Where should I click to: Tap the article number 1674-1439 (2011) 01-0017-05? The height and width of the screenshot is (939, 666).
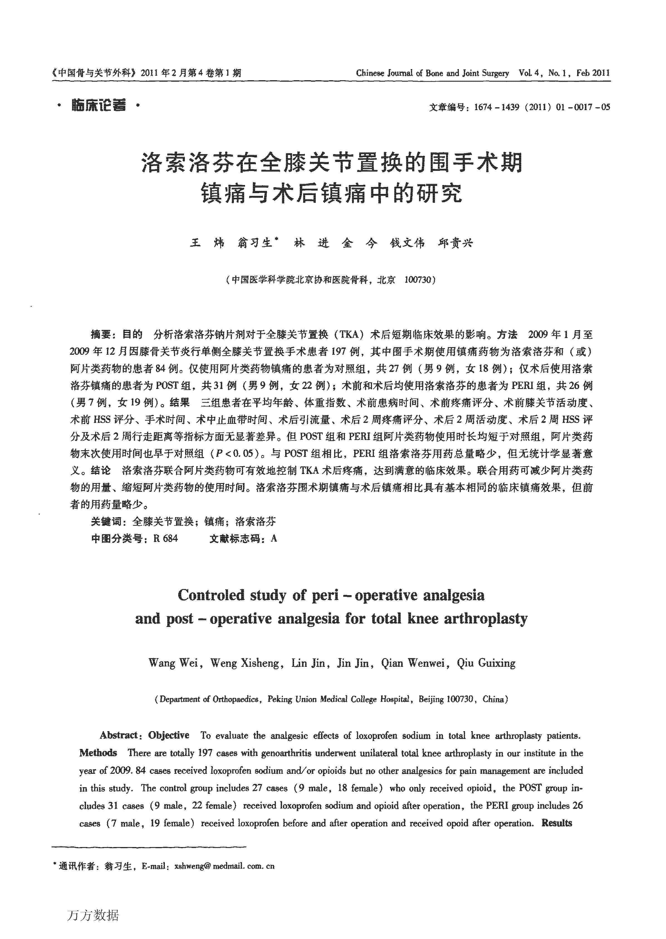point(541,108)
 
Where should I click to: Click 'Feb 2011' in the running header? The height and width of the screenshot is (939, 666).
point(593,74)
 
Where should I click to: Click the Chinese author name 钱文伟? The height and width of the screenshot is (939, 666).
point(407,243)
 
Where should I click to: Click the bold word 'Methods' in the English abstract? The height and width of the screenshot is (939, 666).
point(98,753)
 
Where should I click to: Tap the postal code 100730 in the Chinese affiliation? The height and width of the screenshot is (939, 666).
point(417,280)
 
